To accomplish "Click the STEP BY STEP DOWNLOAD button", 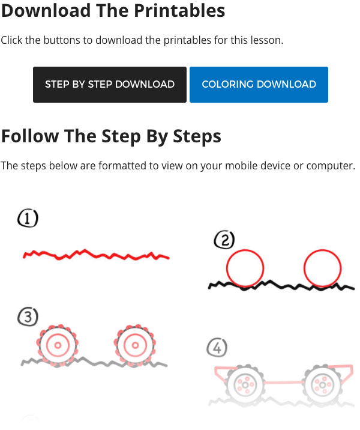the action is click(x=110, y=85).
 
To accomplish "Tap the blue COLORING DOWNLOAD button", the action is click(x=259, y=85).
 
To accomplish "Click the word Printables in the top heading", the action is click(x=179, y=10).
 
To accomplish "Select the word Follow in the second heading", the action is click(x=30, y=136).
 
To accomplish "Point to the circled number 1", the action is click(x=28, y=218).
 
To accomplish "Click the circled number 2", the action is click(x=224, y=240).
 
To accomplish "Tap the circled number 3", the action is click(x=28, y=316).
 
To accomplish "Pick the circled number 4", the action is click(x=217, y=348).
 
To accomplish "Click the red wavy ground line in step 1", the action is click(x=96, y=255).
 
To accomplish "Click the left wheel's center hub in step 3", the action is click(x=58, y=345).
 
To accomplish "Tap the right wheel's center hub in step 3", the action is click(x=135, y=345).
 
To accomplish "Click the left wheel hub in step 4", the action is click(x=245, y=385).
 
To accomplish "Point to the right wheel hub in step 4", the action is click(x=322, y=385).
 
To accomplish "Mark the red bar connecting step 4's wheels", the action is click(x=284, y=382).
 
